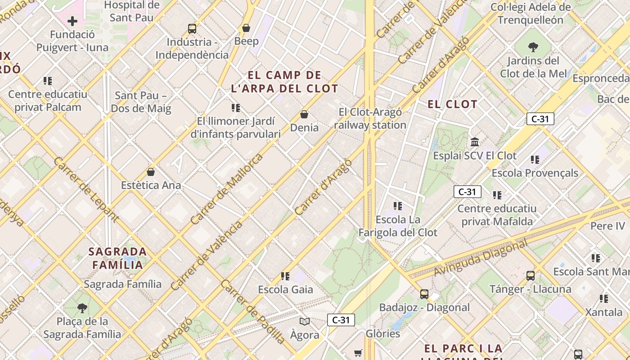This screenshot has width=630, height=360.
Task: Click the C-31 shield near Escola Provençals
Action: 467,192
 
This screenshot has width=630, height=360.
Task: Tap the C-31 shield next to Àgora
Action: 341,320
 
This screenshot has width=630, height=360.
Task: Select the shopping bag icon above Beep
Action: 246,28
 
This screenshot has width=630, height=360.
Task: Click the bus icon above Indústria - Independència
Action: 192,29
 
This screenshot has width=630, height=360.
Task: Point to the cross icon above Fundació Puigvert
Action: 72,21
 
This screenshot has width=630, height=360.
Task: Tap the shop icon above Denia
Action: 304,114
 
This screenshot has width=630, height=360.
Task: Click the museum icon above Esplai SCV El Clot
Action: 475,142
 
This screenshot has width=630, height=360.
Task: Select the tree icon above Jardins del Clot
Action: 533,47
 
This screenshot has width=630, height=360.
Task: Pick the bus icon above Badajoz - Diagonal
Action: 424,294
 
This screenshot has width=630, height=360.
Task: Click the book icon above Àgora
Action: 305,321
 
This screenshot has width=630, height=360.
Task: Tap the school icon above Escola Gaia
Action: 285,276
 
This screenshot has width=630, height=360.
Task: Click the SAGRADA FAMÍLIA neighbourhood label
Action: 117,258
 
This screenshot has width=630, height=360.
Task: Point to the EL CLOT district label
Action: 452,104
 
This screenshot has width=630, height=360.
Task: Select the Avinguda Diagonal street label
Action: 480,258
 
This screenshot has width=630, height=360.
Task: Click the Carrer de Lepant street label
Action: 85,189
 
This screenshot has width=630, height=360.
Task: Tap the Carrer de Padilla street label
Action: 252,311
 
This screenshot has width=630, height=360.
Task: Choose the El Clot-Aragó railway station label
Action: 370,118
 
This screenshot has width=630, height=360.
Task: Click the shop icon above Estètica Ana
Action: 151,172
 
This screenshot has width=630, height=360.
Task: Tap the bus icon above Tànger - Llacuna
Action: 531,276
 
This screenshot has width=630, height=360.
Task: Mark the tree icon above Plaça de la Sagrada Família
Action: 82,308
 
